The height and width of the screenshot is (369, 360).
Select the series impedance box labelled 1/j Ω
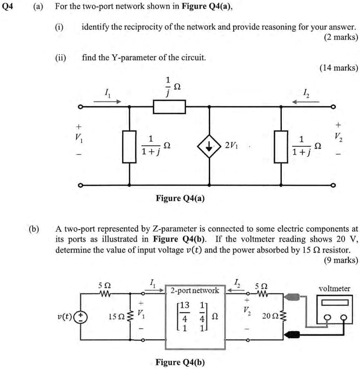click(x=169, y=106)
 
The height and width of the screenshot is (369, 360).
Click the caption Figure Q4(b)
click(x=180, y=362)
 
